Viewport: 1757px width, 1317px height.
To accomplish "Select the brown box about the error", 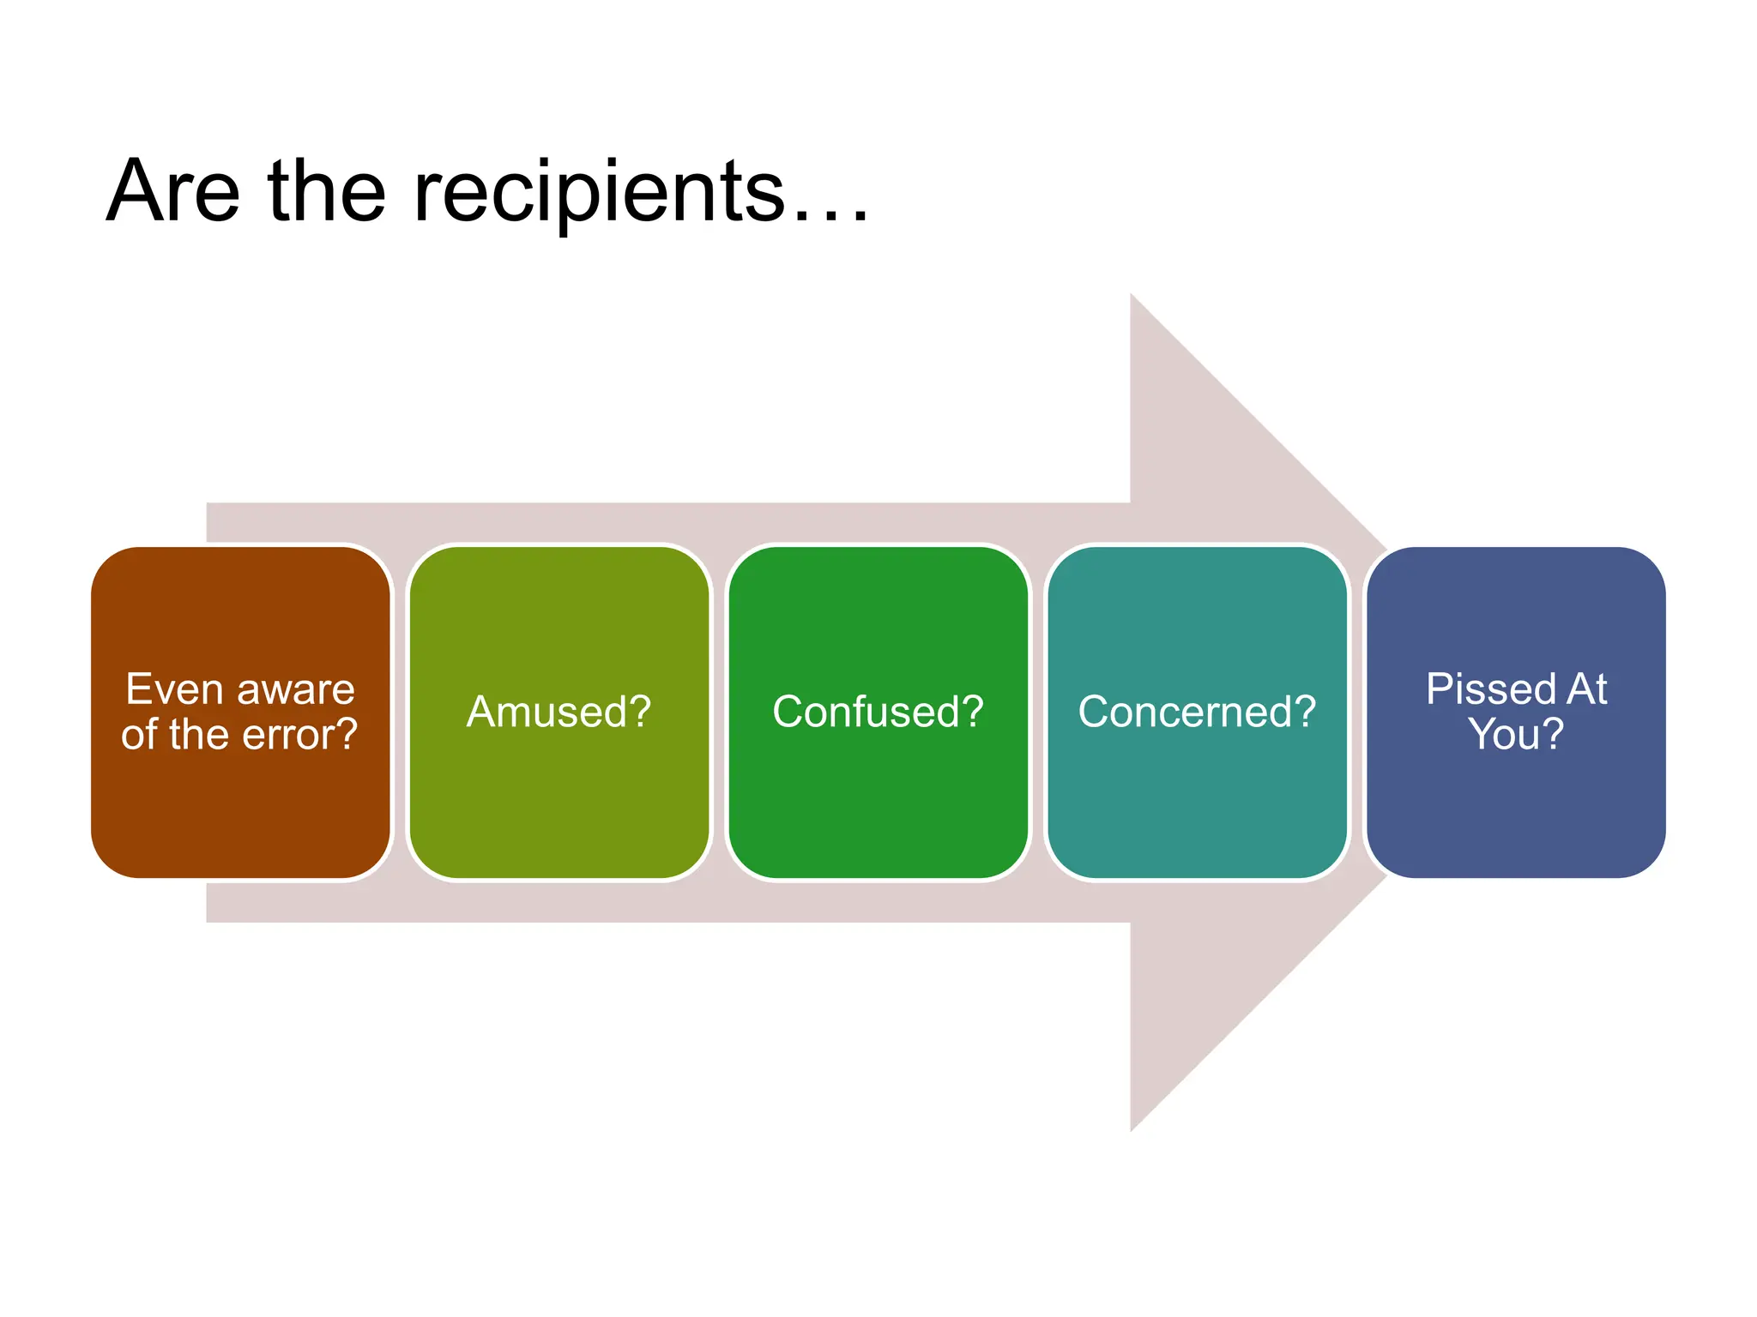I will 241,806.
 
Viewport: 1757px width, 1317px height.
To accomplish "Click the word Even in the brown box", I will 174,689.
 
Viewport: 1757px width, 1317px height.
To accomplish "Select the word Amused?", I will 559,712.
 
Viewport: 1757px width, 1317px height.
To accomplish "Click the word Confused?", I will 878,712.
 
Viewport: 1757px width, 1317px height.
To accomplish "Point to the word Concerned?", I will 1197,712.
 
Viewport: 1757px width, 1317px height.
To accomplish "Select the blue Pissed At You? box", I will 1516,806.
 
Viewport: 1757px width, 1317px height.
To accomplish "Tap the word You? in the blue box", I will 1516,735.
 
